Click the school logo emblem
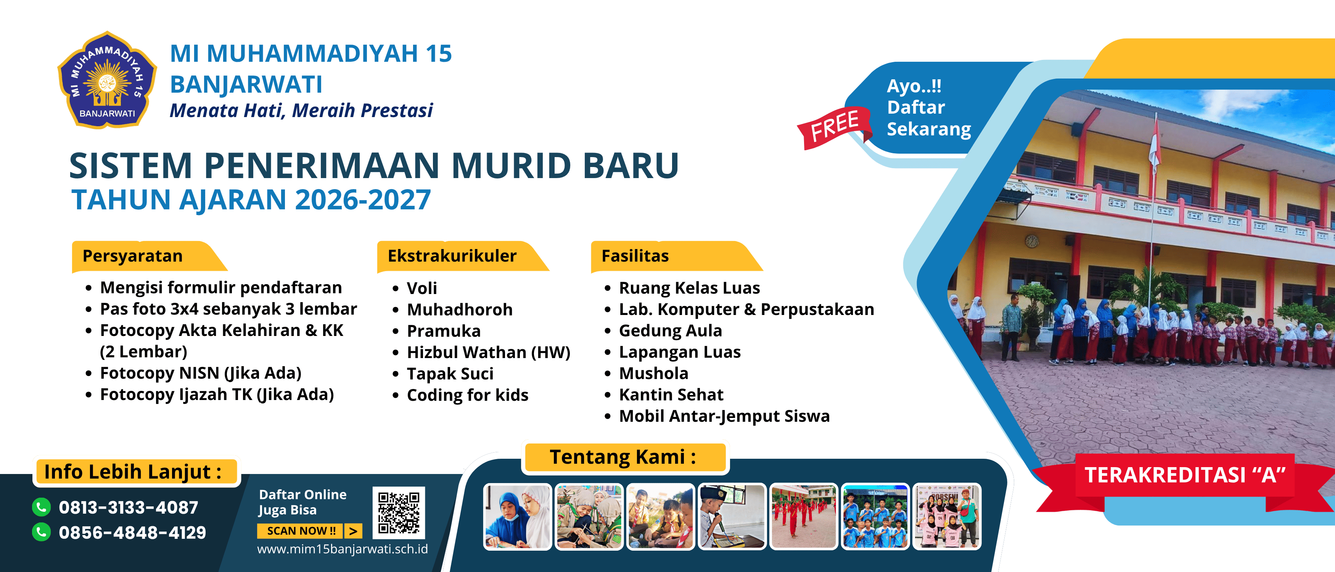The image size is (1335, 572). click(107, 80)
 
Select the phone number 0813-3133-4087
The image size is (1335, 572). click(129, 507)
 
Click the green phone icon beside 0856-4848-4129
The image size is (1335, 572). click(42, 532)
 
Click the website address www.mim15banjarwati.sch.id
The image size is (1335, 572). click(343, 549)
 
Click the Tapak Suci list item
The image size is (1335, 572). click(450, 374)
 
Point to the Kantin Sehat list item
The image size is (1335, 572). click(671, 395)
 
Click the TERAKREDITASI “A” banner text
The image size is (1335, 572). click(1185, 475)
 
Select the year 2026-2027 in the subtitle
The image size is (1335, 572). click(363, 200)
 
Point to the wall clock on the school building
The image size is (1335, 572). click(1032, 241)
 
